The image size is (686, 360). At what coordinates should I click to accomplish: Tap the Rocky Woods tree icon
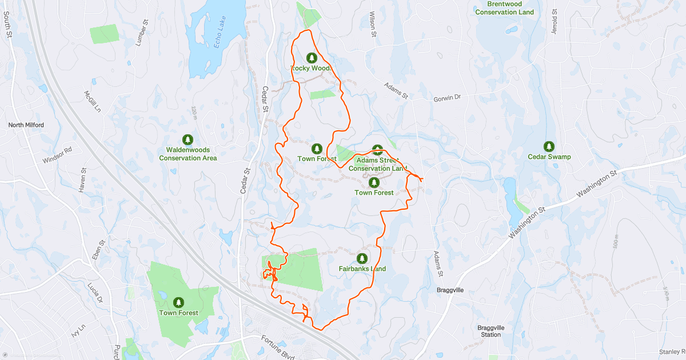[x=312, y=58]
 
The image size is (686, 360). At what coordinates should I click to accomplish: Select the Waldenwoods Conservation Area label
[x=188, y=154]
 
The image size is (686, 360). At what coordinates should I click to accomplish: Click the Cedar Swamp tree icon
[x=549, y=146]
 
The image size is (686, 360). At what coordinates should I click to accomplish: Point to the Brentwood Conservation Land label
[x=504, y=8]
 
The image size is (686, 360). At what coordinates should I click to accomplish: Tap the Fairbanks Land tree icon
[x=362, y=258]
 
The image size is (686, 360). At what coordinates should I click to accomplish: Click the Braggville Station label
[x=490, y=331]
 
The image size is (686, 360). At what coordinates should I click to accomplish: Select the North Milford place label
[x=26, y=125]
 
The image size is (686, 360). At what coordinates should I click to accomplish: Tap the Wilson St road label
[x=373, y=25]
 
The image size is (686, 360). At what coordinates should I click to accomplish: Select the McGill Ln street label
[x=92, y=101]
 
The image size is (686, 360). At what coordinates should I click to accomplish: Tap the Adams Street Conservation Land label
[x=377, y=164]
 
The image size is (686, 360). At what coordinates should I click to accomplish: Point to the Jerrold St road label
[x=554, y=21]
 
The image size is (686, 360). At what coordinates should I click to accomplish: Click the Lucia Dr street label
[x=95, y=292]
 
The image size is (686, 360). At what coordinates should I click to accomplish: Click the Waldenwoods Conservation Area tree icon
[x=188, y=139]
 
